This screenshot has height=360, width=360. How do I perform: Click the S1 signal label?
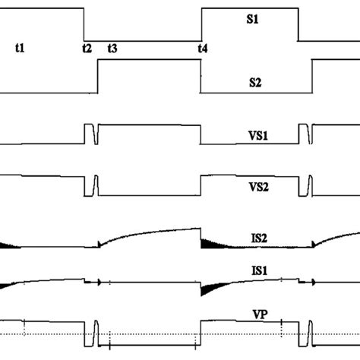coord(252,23)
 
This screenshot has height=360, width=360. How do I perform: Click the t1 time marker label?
coord(21,48)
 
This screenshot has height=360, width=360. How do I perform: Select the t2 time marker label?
coord(87,48)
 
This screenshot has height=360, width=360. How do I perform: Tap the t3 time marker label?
coord(112,48)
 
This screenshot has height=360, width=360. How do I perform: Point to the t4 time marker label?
coord(203,48)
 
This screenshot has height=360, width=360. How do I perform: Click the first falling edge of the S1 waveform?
coord(84,24)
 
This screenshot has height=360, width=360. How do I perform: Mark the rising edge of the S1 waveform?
coord(201,24)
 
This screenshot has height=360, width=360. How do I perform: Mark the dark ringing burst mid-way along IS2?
coord(211,243)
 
